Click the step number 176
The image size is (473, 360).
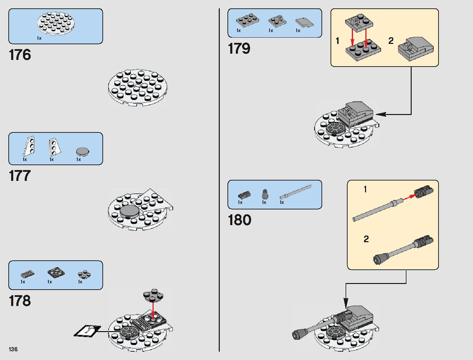click(20, 55)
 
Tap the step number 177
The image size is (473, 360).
click(20, 176)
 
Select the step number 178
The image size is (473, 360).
click(20, 301)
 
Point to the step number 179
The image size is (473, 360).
click(239, 48)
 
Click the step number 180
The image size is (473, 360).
click(239, 220)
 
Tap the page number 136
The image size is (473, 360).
click(13, 349)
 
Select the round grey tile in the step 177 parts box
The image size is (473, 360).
click(83, 151)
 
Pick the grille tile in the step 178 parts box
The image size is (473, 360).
click(28, 274)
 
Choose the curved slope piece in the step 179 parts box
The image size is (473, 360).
click(304, 23)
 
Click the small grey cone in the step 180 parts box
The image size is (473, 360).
click(265, 194)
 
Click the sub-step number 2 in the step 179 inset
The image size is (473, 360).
click(391, 41)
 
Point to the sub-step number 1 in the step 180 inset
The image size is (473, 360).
click(365, 189)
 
